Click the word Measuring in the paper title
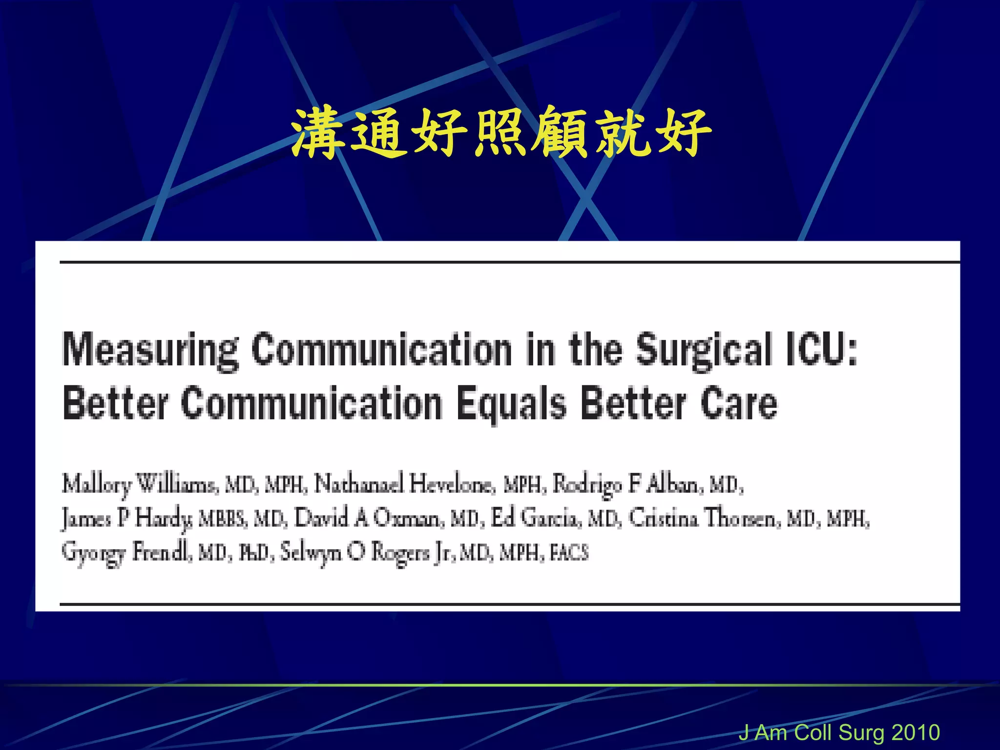[150, 350]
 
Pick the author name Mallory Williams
[139, 484]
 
